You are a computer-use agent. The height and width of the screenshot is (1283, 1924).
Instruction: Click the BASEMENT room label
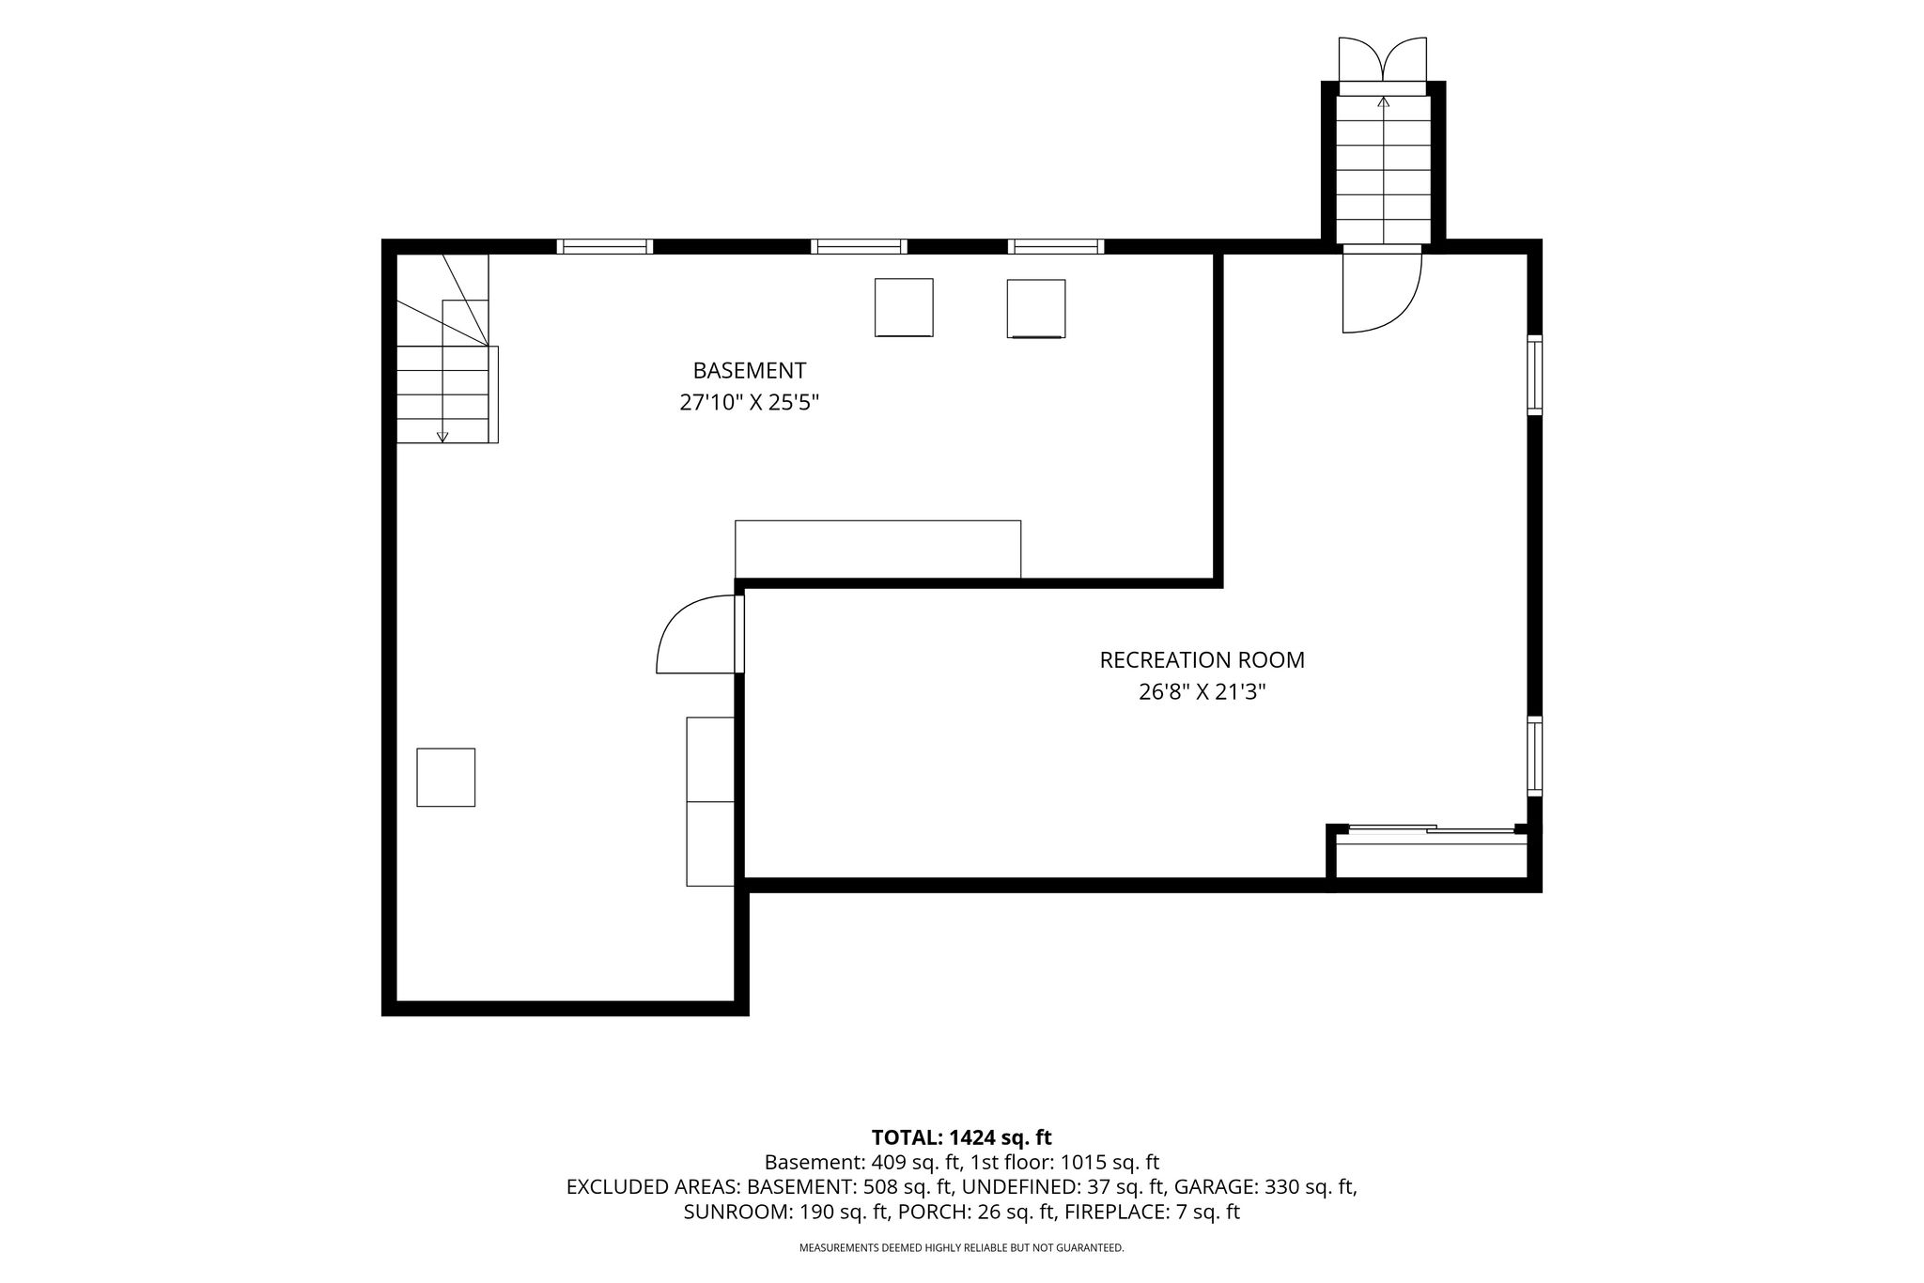tap(749, 371)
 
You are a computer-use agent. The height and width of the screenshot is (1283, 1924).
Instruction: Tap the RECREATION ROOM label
tap(1202, 660)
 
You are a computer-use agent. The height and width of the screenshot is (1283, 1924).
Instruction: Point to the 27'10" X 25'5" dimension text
tap(749, 403)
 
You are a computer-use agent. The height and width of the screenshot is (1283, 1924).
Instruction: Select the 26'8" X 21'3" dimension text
tap(1202, 692)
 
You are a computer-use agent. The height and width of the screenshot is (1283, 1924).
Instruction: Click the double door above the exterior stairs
tap(1383, 60)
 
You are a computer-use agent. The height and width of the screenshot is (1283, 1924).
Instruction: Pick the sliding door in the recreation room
tap(1432, 828)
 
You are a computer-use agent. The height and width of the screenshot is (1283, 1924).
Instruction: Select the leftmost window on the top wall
tap(604, 247)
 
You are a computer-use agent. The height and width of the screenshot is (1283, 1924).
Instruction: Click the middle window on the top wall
tap(859, 247)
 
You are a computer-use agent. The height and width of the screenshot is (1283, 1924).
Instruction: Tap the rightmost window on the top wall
tap(1056, 247)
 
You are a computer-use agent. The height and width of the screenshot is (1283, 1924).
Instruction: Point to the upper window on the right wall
tap(1534, 376)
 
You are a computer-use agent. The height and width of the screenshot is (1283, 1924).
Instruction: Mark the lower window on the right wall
tap(1534, 756)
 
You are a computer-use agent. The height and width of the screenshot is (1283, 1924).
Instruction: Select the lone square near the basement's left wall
tap(445, 777)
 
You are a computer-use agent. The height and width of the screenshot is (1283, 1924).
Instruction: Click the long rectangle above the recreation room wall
tap(877, 549)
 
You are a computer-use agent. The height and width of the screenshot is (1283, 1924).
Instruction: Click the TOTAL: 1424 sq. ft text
tap(961, 1137)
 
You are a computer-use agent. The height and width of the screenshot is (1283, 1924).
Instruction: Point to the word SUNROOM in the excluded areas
tap(736, 1212)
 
